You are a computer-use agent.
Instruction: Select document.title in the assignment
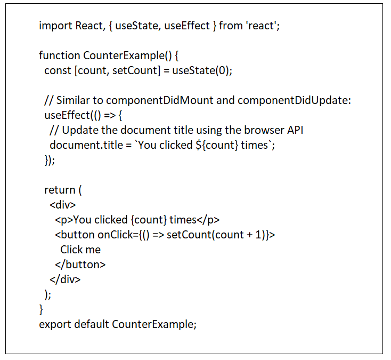(86, 145)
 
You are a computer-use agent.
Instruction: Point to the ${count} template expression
(216, 145)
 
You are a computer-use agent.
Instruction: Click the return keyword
(60, 190)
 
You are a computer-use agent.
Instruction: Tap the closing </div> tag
(65, 279)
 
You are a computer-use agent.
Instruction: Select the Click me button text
(80, 250)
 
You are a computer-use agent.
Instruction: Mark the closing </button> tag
(80, 265)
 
